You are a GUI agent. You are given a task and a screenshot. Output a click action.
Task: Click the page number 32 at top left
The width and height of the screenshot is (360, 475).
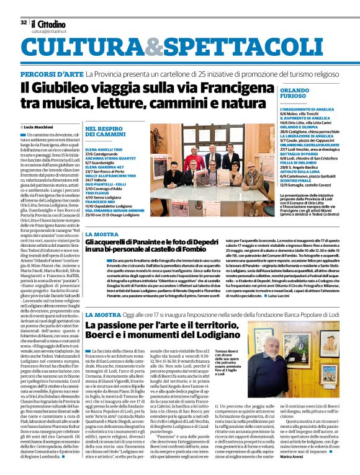click(x=24, y=22)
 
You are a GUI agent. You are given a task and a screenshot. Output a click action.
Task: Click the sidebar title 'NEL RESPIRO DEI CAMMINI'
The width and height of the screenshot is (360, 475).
click(x=101, y=132)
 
